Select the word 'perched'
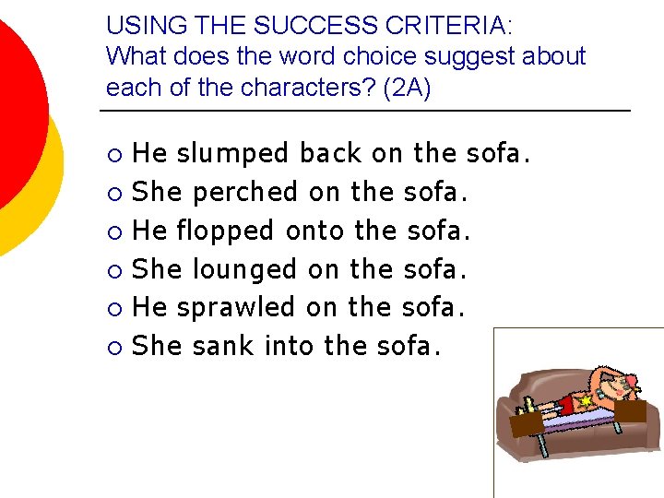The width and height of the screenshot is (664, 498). (x=245, y=192)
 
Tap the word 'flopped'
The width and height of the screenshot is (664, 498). (x=226, y=231)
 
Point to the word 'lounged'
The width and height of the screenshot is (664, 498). (x=245, y=269)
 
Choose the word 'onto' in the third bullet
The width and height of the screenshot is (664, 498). (x=315, y=231)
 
